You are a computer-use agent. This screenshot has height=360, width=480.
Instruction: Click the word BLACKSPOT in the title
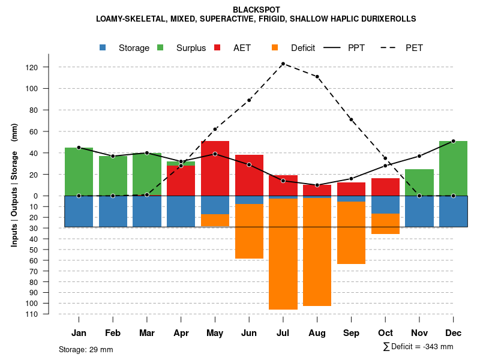[256, 10]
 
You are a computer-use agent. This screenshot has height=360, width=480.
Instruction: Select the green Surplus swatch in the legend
[160, 47]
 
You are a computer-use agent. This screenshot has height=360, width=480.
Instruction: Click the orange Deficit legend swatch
[275, 47]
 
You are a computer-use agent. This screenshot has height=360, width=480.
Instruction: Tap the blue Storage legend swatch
[103, 47]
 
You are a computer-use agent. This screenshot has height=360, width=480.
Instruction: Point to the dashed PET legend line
[389, 47]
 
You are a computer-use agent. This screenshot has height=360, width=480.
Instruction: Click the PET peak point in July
[283, 64]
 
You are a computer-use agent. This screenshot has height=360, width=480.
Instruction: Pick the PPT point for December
[453, 141]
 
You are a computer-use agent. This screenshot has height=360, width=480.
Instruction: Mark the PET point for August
[317, 77]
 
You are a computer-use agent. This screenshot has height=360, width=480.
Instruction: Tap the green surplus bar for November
[419, 182]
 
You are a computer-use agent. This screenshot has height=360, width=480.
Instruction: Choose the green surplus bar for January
[79, 172]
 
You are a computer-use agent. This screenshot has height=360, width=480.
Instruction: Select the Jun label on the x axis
[249, 333]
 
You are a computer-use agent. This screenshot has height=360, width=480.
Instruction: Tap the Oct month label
[385, 333]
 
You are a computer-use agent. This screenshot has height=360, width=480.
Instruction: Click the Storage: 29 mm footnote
[86, 349]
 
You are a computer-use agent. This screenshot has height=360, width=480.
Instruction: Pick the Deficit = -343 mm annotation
[418, 347]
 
